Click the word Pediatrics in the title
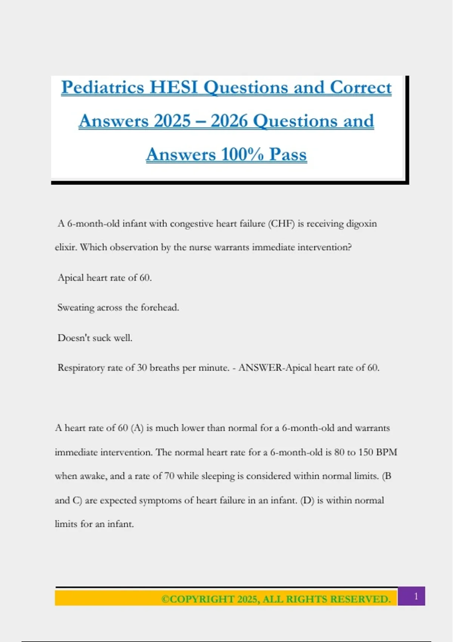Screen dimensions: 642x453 pos(103,88)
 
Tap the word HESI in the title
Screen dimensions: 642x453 pos(174,88)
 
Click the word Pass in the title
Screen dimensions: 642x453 pos(288,154)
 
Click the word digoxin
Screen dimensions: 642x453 pos(362,224)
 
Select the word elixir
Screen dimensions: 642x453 pos(65,247)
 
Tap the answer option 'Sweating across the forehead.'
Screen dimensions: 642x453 pos(118,307)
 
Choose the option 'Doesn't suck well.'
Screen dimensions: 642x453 pos(95,338)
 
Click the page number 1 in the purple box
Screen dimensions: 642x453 pos(416,596)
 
